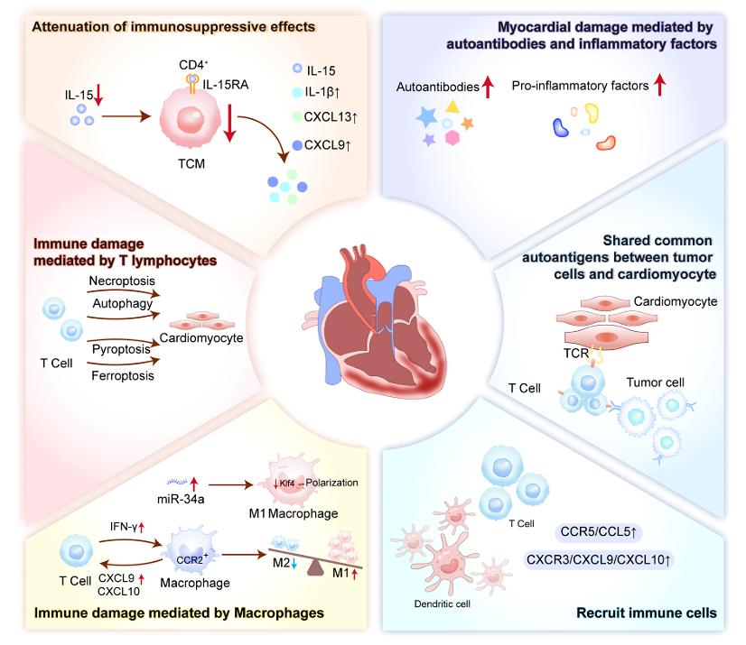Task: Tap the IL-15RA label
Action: pyautogui.click(x=228, y=84)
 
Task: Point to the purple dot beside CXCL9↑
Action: pyautogui.click(x=296, y=143)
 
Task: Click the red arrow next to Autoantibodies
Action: pyautogui.click(x=489, y=87)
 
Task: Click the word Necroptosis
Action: pyautogui.click(x=122, y=281)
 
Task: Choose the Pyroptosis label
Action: pyautogui.click(x=120, y=347)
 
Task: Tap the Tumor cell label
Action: pyautogui.click(x=655, y=382)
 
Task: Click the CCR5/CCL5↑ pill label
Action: pyautogui.click(x=596, y=530)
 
